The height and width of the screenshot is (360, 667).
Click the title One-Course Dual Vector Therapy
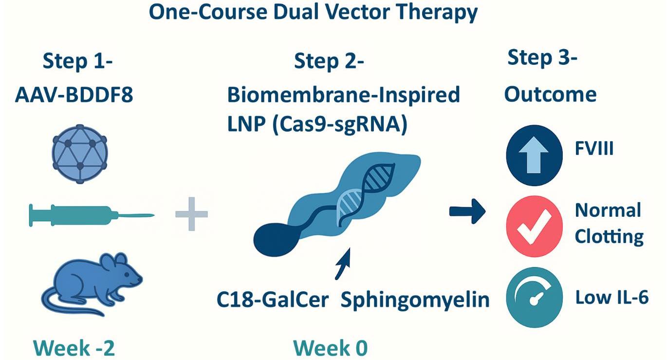(x=313, y=13)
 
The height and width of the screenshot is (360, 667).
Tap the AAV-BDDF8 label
(x=74, y=95)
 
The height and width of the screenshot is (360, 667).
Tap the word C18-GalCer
(x=273, y=299)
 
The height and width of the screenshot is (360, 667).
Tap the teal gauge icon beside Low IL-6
(x=535, y=297)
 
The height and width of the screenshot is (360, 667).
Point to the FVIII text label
(x=593, y=148)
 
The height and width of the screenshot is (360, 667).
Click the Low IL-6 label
(x=611, y=297)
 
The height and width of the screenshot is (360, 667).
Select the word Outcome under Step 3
(x=550, y=94)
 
